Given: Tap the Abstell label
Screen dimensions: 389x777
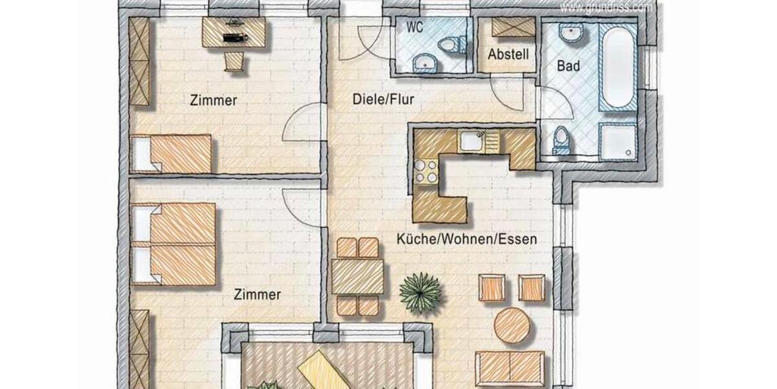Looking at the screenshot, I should point(508,54).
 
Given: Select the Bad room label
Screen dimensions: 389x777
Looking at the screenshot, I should point(568,66).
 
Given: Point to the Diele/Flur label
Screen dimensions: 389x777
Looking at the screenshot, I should point(383,99).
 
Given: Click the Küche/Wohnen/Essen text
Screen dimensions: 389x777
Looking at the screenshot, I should point(467,239).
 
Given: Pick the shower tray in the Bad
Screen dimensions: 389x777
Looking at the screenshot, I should point(618,141).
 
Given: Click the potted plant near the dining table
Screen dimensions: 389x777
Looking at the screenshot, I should point(420,292).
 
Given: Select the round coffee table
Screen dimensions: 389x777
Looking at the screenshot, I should point(512,325).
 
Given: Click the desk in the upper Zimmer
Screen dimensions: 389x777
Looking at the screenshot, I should point(234,32).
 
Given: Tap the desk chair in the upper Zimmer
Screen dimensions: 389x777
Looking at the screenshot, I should point(234,61).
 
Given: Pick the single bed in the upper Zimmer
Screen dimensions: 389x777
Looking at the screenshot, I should point(172,154).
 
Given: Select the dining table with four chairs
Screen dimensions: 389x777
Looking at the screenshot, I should point(357,276).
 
